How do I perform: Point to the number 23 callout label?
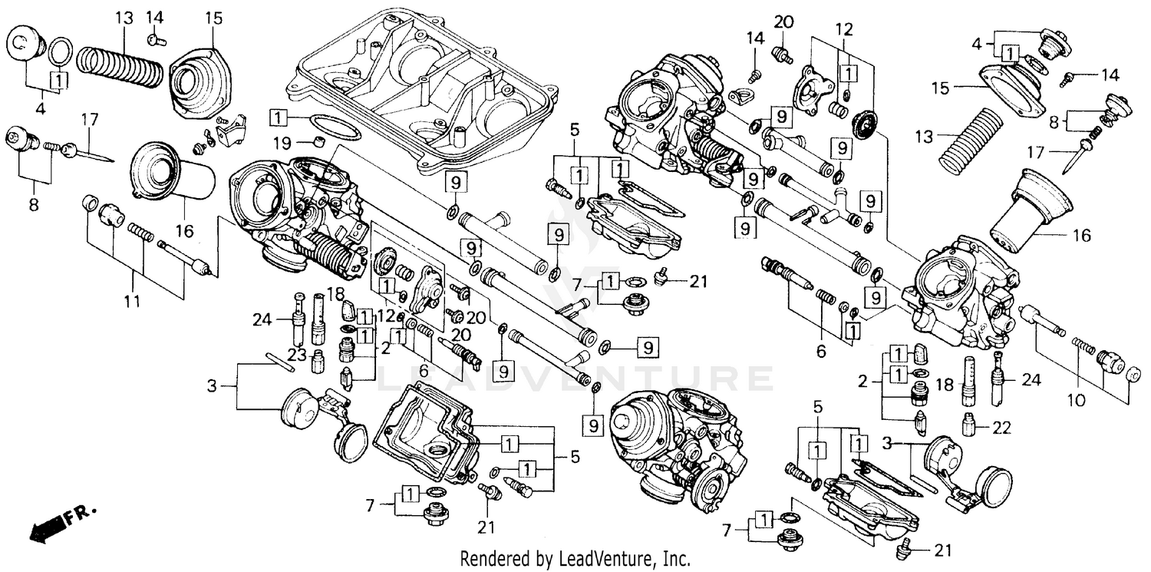[297, 355]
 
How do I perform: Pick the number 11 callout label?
[132, 302]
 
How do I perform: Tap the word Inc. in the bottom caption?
[678, 559]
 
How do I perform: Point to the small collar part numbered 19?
[316, 141]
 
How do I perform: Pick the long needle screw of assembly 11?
[184, 257]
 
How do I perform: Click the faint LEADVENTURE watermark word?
[575, 379]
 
